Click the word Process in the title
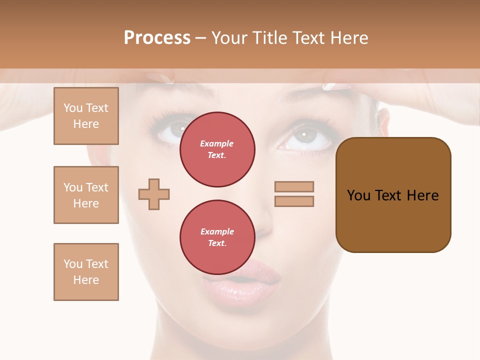tap(157, 38)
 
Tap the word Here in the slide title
tap(348, 38)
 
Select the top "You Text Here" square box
tap(86, 116)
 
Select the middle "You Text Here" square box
tap(86, 195)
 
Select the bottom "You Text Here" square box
tap(86, 272)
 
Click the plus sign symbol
tap(154, 194)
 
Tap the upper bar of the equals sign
tap(294, 186)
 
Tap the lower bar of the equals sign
tap(294, 201)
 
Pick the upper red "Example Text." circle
tap(217, 149)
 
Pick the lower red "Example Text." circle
tap(217, 237)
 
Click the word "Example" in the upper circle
tap(217, 143)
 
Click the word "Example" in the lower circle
tap(217, 231)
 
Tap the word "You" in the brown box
tap(358, 195)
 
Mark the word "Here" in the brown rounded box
tap(422, 195)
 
